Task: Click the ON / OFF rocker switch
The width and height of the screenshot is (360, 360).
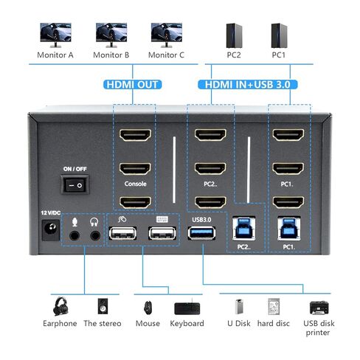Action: [x=75, y=184]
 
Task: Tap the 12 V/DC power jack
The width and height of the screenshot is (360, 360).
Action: [x=51, y=230]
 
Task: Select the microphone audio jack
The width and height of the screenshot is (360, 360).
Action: [x=75, y=236]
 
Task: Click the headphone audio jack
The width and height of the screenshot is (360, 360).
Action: [x=95, y=236]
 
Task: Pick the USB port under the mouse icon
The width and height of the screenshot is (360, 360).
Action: [x=122, y=233]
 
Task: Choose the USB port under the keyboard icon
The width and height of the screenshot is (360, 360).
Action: [x=162, y=233]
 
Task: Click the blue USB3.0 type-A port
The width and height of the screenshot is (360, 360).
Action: [x=201, y=233]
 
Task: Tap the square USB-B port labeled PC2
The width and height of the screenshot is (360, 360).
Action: [x=244, y=229]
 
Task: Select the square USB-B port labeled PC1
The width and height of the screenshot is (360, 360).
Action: [x=289, y=229]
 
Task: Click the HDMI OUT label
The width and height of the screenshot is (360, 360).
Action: [x=132, y=85]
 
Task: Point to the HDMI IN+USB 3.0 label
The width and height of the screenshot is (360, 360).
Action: [x=248, y=85]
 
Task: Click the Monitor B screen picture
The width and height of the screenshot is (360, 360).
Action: [x=111, y=35]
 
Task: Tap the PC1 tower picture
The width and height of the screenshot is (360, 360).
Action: [x=279, y=35]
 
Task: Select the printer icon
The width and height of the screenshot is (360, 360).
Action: [x=319, y=308]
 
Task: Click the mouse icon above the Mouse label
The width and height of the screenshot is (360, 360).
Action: [x=148, y=308]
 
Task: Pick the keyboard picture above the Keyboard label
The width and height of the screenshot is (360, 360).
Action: [x=187, y=308]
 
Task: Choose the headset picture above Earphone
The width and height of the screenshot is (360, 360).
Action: [x=60, y=306]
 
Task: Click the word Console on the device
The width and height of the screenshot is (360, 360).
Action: [x=135, y=184]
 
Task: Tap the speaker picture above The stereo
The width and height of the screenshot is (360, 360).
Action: [x=103, y=306]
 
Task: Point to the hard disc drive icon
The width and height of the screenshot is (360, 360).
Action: [x=274, y=307]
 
